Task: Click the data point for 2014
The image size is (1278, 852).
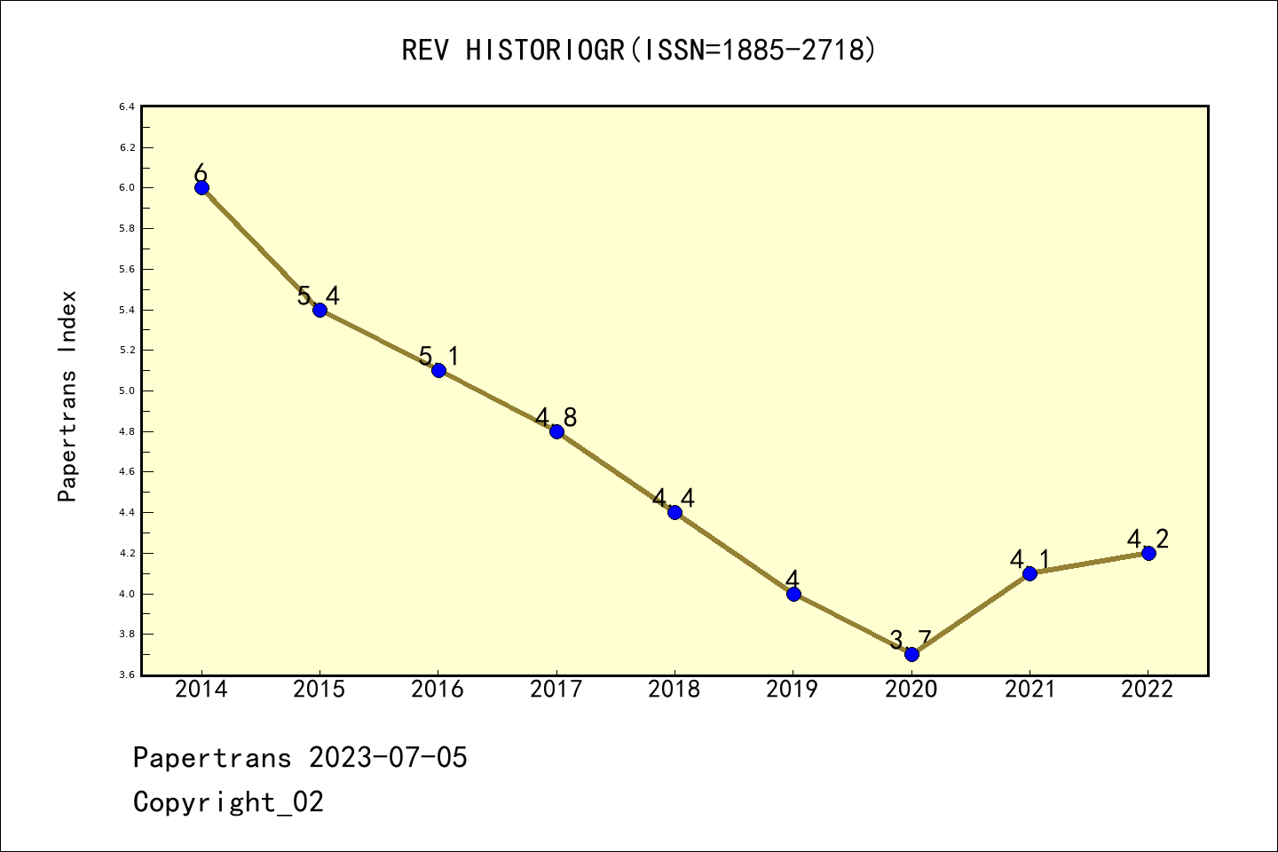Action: (x=201, y=187)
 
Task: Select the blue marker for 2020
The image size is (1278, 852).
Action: (x=911, y=654)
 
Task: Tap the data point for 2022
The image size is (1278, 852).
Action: (x=1148, y=553)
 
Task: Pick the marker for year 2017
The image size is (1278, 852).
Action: (x=556, y=431)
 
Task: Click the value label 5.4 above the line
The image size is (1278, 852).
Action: (x=319, y=296)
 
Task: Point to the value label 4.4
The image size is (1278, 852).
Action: (x=674, y=499)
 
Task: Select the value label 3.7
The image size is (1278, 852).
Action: (x=911, y=640)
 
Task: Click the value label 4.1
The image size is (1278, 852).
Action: (x=1029, y=560)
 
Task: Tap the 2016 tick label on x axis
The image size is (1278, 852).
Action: (x=438, y=690)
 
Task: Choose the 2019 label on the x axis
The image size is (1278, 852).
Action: (x=793, y=690)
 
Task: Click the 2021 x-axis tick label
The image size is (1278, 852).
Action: (x=1029, y=690)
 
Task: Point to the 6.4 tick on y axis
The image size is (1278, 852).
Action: (x=127, y=107)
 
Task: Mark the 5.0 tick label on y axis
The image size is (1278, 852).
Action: (x=127, y=390)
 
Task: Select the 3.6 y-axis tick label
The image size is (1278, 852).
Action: (x=127, y=675)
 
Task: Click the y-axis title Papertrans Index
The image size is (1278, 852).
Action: (x=67, y=396)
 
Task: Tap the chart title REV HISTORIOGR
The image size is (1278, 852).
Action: (x=639, y=51)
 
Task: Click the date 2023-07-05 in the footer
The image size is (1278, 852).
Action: (x=388, y=758)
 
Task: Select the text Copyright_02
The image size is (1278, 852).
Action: (x=228, y=802)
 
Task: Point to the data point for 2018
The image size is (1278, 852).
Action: (x=674, y=512)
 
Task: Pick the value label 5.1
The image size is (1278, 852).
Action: (x=438, y=357)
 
